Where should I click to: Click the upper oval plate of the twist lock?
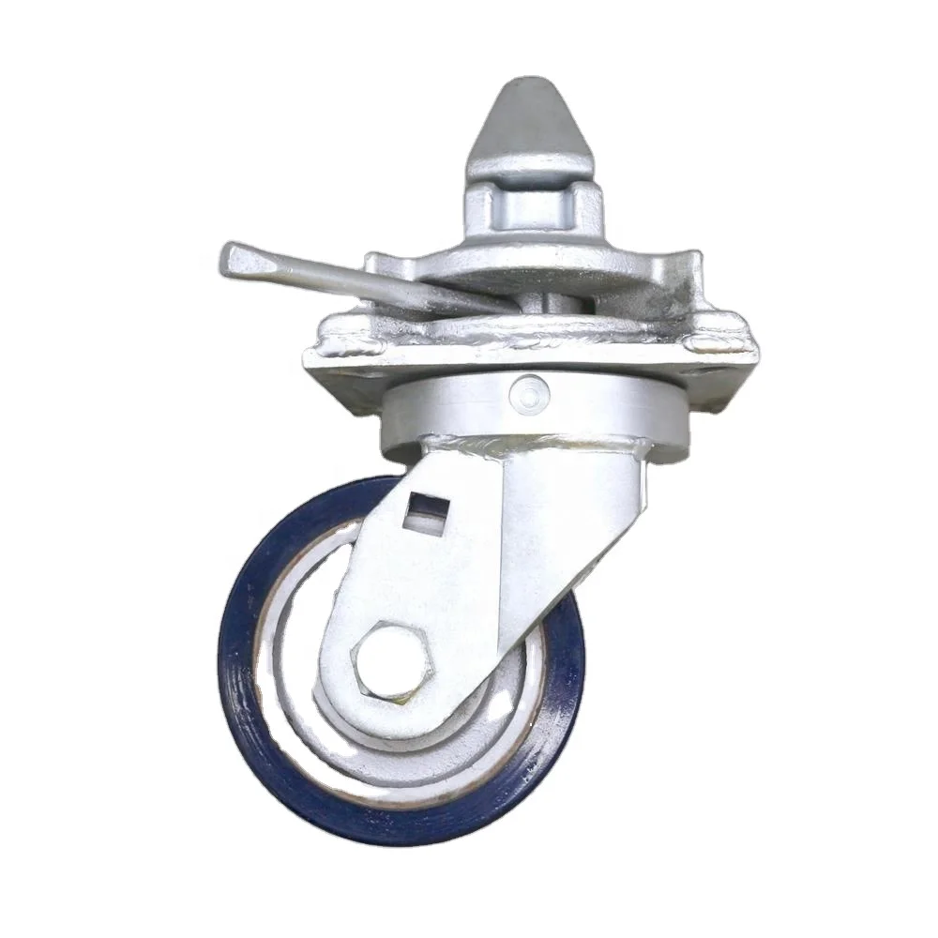(x=563, y=267)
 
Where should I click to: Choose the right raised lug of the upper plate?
(x=689, y=263)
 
